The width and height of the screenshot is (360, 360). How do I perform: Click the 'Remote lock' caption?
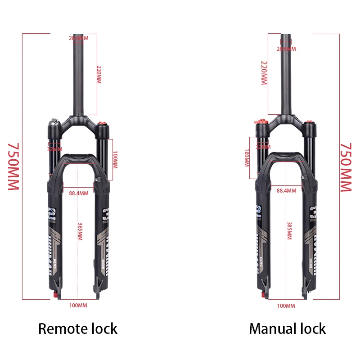pyautogui.click(x=78, y=328)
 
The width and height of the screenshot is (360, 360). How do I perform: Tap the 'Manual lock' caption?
pyautogui.click(x=287, y=328)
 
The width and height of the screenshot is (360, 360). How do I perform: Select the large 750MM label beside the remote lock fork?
pyautogui.click(x=13, y=166)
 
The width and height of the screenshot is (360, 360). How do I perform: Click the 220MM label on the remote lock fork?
pyautogui.click(x=99, y=74)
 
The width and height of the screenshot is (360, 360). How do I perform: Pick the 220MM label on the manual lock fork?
pyautogui.click(x=264, y=73)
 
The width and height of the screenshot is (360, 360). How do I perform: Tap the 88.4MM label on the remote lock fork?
pyautogui.click(x=79, y=194)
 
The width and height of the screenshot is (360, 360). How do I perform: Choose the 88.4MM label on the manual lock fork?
pyautogui.click(x=286, y=190)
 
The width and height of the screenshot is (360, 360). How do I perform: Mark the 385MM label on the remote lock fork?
pyautogui.click(x=81, y=230)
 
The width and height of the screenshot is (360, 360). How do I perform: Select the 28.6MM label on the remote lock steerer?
pyautogui.click(x=79, y=38)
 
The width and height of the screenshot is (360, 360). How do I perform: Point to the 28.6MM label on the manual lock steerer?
pyautogui.click(x=286, y=49)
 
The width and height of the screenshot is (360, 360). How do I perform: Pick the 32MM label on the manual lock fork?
pyautogui.click(x=263, y=147)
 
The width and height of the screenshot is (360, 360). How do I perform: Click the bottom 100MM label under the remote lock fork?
pyautogui.click(x=78, y=306)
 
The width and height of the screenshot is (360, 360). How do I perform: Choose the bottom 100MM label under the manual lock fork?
pyautogui.click(x=286, y=306)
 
